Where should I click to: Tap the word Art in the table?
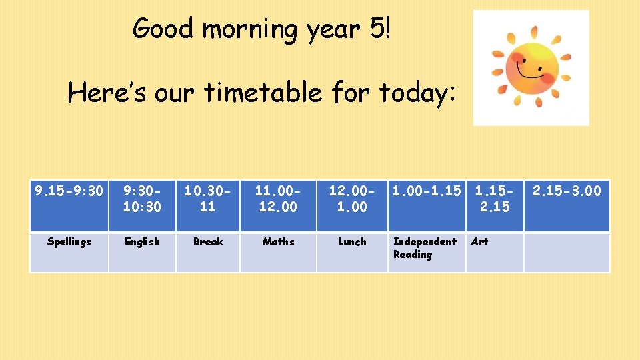pos(479,242)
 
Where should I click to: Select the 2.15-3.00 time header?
pos(567,191)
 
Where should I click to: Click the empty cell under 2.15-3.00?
pos(567,252)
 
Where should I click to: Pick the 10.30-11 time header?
pos(208,199)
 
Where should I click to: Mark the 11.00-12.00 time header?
pos(278,199)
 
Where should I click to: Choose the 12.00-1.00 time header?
pos(352,199)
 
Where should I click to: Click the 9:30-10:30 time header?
pos(142,199)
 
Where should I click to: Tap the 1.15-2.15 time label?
pos(494,199)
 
